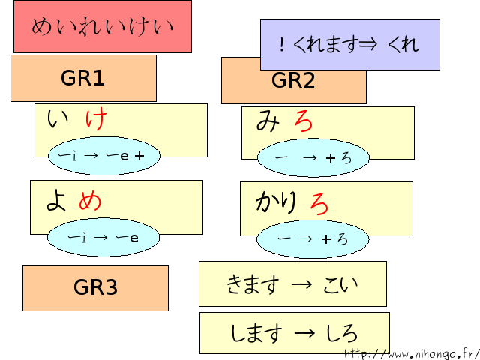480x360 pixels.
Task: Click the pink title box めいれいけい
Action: tap(103, 27)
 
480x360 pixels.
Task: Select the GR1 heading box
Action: tap(83, 78)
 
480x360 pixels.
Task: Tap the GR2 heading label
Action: tap(293, 81)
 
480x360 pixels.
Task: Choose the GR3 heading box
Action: tap(95, 287)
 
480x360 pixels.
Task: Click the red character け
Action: tap(96, 119)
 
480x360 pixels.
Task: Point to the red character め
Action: tap(90, 200)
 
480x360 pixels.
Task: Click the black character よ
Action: tap(56, 200)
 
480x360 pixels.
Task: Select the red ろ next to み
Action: tap(303, 121)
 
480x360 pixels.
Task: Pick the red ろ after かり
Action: tap(319, 203)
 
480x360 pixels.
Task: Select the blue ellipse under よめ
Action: tap(103, 238)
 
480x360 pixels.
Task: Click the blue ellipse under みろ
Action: tap(313, 158)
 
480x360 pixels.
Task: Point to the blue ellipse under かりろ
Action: tap(313, 239)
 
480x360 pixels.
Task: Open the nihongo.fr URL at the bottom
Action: tap(412, 353)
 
